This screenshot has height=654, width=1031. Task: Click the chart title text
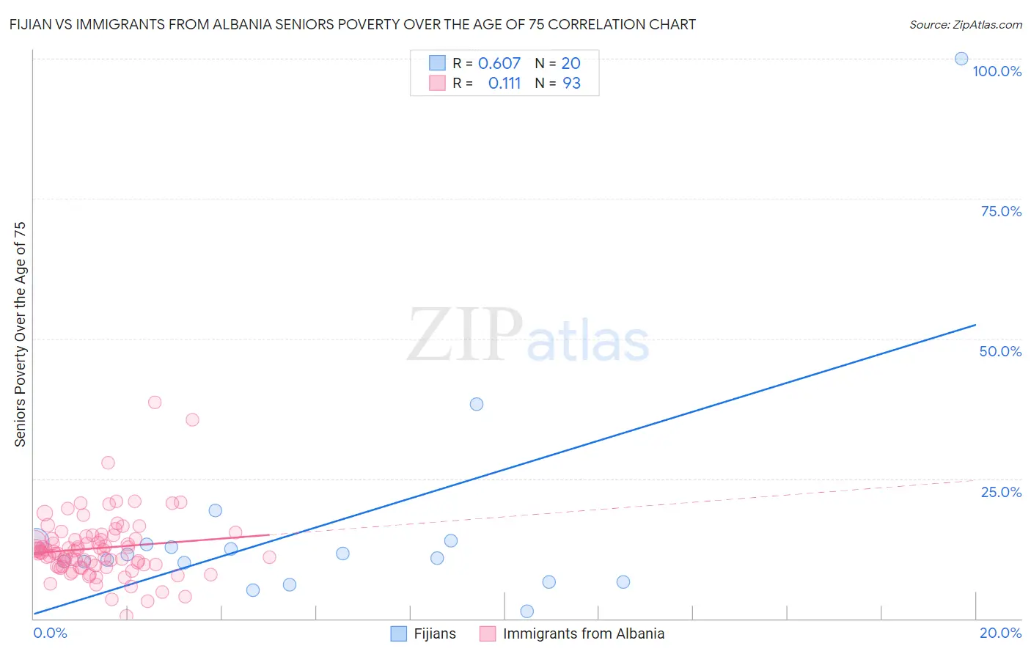pyautogui.click(x=353, y=24)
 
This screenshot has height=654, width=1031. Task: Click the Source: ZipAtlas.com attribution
pyautogui.click(x=965, y=24)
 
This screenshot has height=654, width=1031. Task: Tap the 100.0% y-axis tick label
pyautogui.click(x=997, y=71)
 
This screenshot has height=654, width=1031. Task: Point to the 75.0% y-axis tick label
pyautogui.click(x=1001, y=211)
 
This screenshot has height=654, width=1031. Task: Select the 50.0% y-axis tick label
pyautogui.click(x=1000, y=351)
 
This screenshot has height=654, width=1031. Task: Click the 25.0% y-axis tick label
pyautogui.click(x=1001, y=492)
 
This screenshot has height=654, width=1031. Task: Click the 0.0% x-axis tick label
pyautogui.click(x=50, y=633)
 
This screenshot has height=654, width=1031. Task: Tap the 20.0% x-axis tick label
pyautogui.click(x=1000, y=633)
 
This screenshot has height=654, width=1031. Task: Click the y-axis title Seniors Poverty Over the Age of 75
pyautogui.click(x=20, y=334)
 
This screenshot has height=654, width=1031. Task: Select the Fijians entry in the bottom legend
pyautogui.click(x=434, y=633)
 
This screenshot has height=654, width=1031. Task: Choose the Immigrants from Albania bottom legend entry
pyautogui.click(x=583, y=633)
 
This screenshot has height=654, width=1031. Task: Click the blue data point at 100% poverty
pyautogui.click(x=961, y=59)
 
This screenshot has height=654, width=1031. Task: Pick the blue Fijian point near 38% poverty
pyautogui.click(x=477, y=404)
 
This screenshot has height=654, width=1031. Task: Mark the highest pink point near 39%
pyautogui.click(x=155, y=402)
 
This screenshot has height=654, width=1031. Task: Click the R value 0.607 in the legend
pyautogui.click(x=499, y=64)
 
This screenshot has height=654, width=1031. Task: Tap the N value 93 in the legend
pyautogui.click(x=571, y=84)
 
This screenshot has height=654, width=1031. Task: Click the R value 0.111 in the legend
pyautogui.click(x=504, y=84)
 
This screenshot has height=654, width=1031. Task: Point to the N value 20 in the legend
pyautogui.click(x=570, y=64)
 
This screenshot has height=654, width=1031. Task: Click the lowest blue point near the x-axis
pyautogui.click(x=526, y=611)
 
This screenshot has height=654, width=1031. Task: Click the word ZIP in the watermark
pyautogui.click(x=465, y=335)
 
